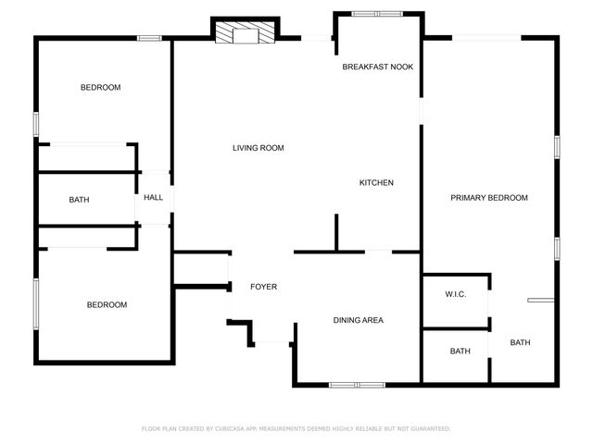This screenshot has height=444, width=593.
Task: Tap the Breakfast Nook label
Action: click(x=377, y=67)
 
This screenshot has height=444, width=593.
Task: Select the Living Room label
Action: click(x=258, y=148)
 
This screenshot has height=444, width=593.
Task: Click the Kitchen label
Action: click(x=376, y=183)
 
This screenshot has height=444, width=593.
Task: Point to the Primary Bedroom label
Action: click(x=489, y=198)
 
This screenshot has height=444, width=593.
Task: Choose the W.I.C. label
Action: click(x=455, y=295)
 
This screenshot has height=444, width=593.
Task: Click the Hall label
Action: click(x=153, y=198)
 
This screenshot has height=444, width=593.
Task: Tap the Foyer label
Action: click(x=263, y=287)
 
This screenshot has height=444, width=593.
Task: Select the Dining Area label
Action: click(x=359, y=320)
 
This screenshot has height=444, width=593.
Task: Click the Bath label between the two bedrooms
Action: click(x=79, y=200)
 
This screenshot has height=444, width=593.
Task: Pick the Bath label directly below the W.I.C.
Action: click(x=460, y=351)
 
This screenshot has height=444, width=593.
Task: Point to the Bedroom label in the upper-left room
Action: click(x=100, y=88)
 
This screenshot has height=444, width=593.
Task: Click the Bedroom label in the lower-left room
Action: click(x=107, y=305)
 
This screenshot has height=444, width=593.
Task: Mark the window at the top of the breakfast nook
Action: click(x=377, y=14)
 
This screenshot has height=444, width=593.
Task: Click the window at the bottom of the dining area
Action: click(x=357, y=384)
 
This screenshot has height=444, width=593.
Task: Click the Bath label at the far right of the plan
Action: click(x=520, y=343)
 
